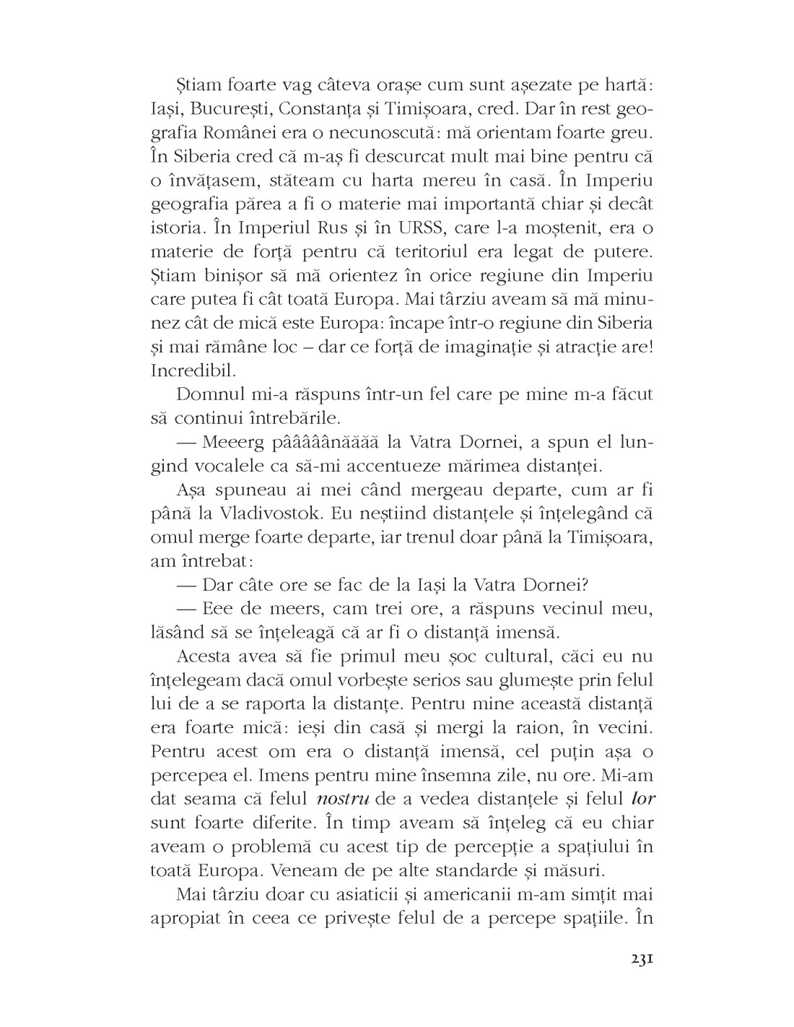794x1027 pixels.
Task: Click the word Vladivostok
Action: tap(273, 514)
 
